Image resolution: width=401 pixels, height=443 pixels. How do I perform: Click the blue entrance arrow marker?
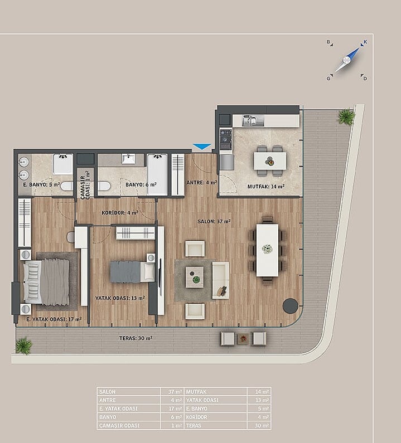click(202, 147)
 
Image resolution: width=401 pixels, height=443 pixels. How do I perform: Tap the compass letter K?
click(365, 42)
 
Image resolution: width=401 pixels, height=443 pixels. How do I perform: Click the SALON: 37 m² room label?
click(214, 222)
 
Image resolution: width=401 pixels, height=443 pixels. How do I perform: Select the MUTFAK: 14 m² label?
click(266, 187)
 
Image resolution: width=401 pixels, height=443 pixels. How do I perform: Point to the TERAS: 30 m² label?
click(136, 338)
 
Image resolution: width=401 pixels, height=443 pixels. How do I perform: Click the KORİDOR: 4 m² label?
click(120, 212)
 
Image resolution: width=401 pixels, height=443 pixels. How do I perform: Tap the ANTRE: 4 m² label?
click(202, 183)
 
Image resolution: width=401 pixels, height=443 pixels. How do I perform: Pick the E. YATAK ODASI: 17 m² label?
click(54, 319)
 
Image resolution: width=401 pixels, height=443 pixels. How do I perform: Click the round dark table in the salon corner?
click(291, 306)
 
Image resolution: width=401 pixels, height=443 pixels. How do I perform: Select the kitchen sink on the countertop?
click(253, 120)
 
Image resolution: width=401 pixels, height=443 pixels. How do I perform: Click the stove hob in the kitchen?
click(226, 139)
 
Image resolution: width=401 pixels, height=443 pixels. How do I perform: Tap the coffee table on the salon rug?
click(195, 277)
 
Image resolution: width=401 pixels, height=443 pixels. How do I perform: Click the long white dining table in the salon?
click(267, 250)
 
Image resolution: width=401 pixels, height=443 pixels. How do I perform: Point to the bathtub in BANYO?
click(157, 174)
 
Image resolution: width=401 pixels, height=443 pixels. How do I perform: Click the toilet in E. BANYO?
click(67, 186)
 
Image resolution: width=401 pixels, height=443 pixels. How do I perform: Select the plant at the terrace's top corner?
click(346, 116)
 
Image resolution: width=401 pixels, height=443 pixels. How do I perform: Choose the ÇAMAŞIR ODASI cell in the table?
click(129, 426)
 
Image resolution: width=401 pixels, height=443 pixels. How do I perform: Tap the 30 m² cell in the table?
click(259, 426)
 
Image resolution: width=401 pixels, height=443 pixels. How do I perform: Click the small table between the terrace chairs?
click(243, 338)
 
